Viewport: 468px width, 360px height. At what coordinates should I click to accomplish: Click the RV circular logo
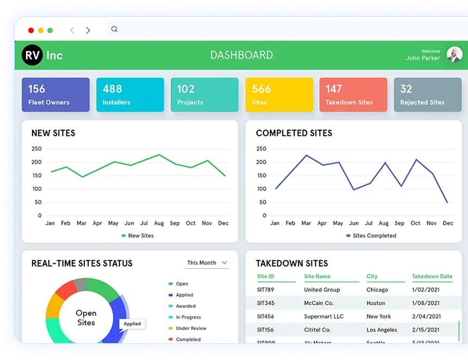(x=32, y=55)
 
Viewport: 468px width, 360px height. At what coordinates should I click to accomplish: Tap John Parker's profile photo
(x=454, y=54)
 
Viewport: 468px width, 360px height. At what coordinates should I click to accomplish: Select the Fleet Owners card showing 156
(x=55, y=94)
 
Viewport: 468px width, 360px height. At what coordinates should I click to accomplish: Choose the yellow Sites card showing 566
(x=279, y=94)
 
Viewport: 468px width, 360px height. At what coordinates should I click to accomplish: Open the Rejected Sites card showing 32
(x=427, y=94)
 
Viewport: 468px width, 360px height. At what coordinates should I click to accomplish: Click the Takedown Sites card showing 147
(x=353, y=94)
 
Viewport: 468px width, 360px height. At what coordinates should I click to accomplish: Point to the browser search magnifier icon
(x=114, y=29)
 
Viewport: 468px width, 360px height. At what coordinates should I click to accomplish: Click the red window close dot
(x=31, y=30)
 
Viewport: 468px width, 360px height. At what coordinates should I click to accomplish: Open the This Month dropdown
(x=207, y=263)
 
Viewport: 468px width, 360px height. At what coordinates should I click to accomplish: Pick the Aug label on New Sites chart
(x=159, y=223)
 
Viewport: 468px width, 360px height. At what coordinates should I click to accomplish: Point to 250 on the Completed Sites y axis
(x=261, y=149)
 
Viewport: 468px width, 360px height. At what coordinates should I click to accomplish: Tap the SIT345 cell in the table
(x=266, y=303)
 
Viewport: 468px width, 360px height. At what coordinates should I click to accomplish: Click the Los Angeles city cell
(x=382, y=330)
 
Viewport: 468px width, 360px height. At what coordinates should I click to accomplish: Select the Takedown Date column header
(x=432, y=276)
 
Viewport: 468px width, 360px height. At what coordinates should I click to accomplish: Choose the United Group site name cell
(x=322, y=290)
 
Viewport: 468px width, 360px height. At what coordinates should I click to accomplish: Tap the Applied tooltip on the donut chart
(x=132, y=324)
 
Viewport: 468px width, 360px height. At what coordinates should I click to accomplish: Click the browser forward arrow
(x=88, y=30)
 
